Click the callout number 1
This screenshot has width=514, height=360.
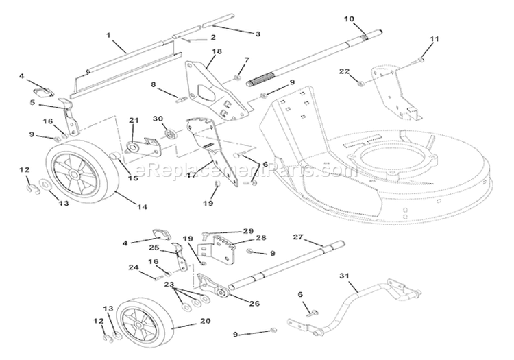pyautogui.click(x=108, y=34)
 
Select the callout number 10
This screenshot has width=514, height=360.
pyautogui.click(x=349, y=18)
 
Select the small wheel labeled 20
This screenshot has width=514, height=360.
pyautogui.click(x=144, y=322)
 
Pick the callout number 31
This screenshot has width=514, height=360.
pyautogui.click(x=343, y=276)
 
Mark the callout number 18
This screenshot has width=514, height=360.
pyautogui.click(x=217, y=51)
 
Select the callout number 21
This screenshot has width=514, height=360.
pyautogui.click(x=134, y=120)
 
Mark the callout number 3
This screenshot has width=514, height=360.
pyautogui.click(x=238, y=33)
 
